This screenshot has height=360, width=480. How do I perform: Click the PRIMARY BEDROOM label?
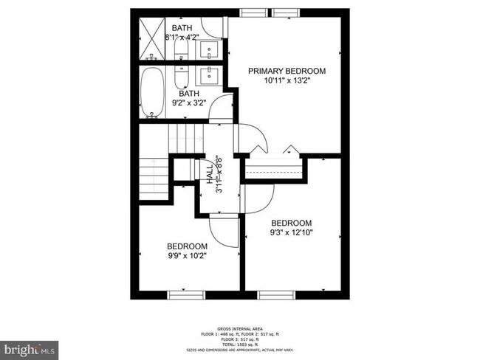[287, 71]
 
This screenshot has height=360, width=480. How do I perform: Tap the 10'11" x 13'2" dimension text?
[287, 81]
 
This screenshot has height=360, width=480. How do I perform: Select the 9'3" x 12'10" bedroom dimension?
[291, 233]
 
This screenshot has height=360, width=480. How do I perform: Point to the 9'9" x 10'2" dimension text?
[186, 256]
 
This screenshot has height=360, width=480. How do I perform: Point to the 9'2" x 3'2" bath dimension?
[188, 103]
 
